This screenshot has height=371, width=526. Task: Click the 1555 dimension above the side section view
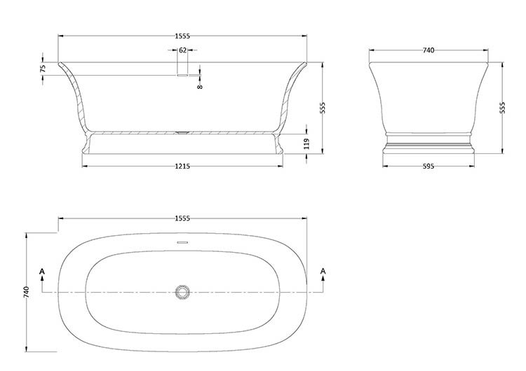[x=182, y=36]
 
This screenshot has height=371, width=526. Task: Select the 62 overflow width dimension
[x=182, y=50]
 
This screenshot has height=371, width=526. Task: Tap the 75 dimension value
[x=43, y=69]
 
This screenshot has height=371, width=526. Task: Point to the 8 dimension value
[x=200, y=87]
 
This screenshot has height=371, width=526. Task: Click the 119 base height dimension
[x=306, y=143]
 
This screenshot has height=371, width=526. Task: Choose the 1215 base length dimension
[x=182, y=166]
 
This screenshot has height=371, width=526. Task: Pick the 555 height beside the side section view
[x=323, y=108]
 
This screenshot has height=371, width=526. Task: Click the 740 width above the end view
[x=429, y=50]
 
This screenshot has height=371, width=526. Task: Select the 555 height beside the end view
[x=502, y=108]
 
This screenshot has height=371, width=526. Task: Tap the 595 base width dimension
[x=429, y=166]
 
